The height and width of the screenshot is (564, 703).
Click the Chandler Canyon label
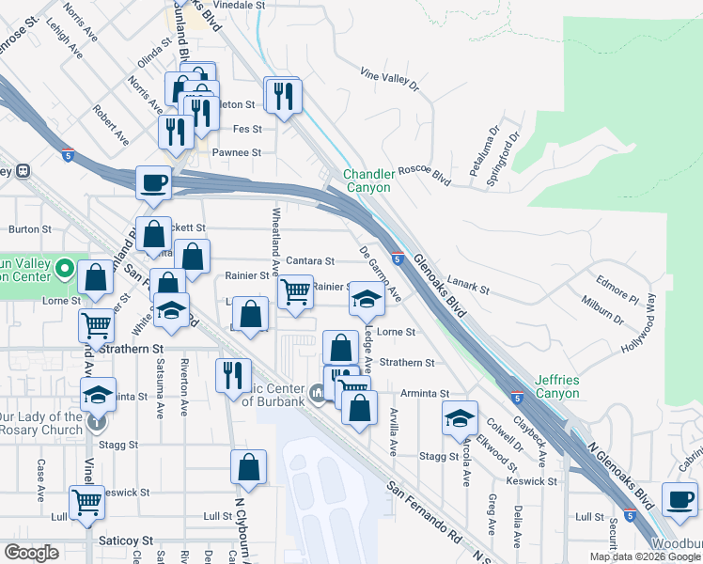[367, 180]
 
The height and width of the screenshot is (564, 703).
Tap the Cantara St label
[310, 260]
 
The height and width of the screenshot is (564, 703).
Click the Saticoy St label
[125, 540]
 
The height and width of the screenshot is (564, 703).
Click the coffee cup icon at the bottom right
[680, 498]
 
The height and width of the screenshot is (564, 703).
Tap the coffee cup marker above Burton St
[153, 182]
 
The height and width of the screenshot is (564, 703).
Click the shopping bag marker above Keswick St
[248, 467]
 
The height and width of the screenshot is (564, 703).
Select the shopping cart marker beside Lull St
[86, 501]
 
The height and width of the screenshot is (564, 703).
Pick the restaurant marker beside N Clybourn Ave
[233, 375]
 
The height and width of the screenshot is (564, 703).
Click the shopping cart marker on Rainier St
[295, 291]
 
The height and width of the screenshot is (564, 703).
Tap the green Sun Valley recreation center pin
[64, 271]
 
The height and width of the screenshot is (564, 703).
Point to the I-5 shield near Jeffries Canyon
[517, 398]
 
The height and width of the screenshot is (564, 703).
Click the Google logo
[32, 553]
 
